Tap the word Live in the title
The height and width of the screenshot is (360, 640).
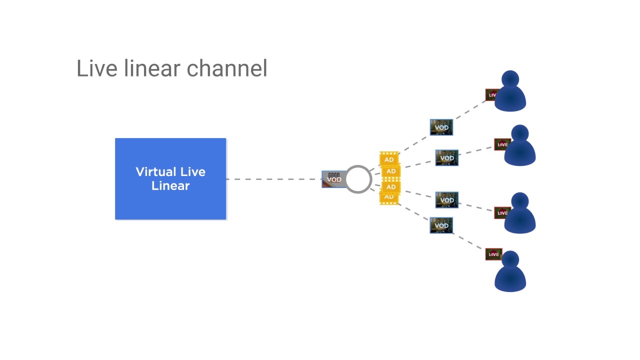point(97,68)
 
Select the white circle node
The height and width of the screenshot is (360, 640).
point(358,179)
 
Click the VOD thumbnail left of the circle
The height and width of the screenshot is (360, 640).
point(333,179)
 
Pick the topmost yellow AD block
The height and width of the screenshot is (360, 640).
point(388,159)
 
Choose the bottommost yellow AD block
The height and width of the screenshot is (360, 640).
point(388,197)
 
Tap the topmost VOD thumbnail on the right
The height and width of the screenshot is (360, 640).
point(441,127)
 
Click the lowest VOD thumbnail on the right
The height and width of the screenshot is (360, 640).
point(441,225)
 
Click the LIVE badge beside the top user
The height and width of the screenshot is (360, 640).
point(491,94)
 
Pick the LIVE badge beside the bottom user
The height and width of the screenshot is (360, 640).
point(493,254)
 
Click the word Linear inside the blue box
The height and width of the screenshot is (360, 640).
point(170,186)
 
